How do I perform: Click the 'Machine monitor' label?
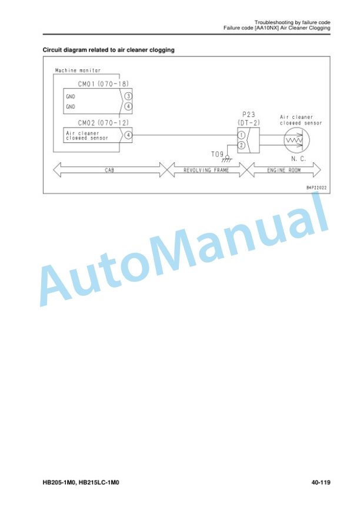[x=78, y=71]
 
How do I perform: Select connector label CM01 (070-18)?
[x=104, y=84]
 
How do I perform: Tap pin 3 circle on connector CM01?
[x=128, y=96]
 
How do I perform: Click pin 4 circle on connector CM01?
[x=128, y=106]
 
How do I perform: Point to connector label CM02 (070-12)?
[x=104, y=123]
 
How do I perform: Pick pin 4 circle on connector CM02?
[x=128, y=135]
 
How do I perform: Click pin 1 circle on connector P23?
[x=241, y=135]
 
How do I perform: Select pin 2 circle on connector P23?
[x=241, y=145]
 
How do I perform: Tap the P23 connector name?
[x=249, y=115]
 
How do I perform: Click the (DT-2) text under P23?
[x=249, y=123]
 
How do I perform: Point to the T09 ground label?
[x=217, y=154]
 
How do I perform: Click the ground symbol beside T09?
[x=227, y=159]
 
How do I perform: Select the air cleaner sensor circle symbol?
[x=296, y=140]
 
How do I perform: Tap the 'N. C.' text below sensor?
[x=298, y=159]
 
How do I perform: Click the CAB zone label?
[x=109, y=170]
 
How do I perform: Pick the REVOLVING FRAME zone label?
[x=206, y=170]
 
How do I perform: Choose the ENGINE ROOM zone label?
[x=284, y=170]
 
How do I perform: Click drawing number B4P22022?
[x=316, y=188]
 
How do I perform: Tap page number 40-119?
[x=321, y=482]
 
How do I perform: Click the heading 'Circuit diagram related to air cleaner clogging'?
[x=109, y=50]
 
